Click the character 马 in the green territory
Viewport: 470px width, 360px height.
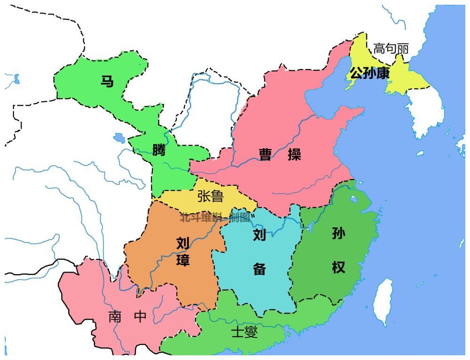click(x=107, y=81)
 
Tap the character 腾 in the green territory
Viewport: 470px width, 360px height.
click(x=159, y=150)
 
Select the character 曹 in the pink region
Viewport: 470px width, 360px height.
click(x=266, y=155)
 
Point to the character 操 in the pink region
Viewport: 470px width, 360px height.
click(x=295, y=155)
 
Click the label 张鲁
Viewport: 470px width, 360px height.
click(x=210, y=196)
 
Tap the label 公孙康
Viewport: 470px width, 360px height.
click(x=369, y=73)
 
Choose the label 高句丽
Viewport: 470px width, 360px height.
click(x=391, y=49)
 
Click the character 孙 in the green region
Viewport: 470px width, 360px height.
click(x=338, y=234)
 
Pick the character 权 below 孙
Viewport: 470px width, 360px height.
click(x=338, y=267)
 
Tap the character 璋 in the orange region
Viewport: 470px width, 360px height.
click(x=183, y=260)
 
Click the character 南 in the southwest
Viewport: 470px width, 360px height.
click(x=115, y=317)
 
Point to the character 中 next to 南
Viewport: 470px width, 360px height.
click(x=140, y=317)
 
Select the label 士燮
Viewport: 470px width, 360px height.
click(x=244, y=332)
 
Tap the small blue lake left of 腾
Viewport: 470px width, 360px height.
click(x=119, y=138)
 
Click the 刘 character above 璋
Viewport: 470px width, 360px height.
click(x=183, y=243)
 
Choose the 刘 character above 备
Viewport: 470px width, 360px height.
click(x=259, y=235)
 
